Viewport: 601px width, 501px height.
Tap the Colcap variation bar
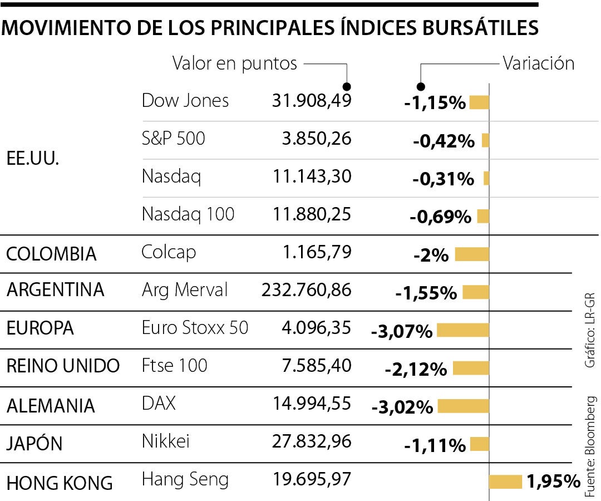472,255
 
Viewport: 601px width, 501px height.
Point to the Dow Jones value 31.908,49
312,101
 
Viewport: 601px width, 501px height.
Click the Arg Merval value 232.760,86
306,290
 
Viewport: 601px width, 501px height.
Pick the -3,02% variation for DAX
402,407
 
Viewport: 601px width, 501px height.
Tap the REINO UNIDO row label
63,366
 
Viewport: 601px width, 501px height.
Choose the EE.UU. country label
32,158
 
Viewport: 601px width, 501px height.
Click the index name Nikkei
166,441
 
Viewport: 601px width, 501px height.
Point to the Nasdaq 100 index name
188,214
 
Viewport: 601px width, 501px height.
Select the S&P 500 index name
174,138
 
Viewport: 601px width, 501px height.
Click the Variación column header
538,63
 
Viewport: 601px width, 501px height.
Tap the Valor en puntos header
235,63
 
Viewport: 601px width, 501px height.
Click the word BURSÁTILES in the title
473,28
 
